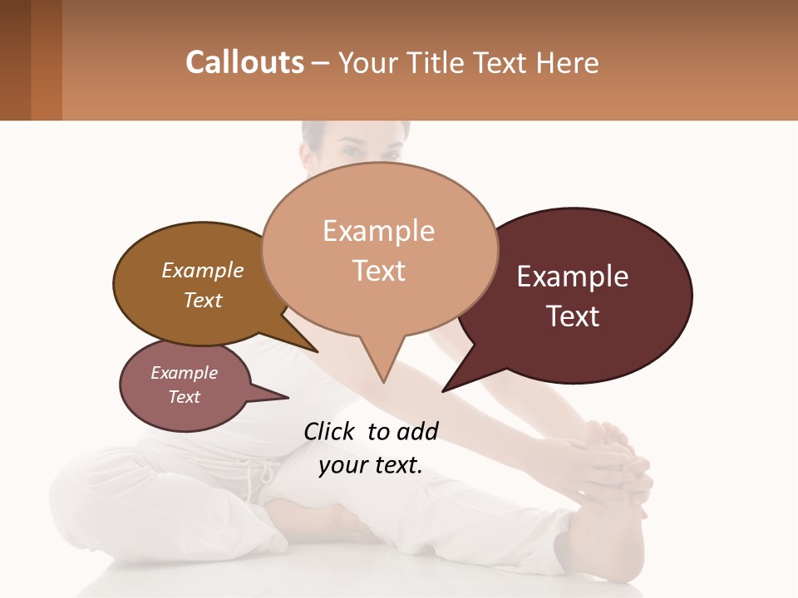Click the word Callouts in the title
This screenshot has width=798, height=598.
244,62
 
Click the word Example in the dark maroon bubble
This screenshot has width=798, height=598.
573,277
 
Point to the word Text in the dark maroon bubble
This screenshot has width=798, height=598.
574,316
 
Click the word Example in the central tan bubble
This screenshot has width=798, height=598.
378,231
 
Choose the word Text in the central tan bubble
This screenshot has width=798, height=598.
379,271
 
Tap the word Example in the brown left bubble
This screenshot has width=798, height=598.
203,271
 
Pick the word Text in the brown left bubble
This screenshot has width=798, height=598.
203,301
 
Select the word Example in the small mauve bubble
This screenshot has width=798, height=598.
185,373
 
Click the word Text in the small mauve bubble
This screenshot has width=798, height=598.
185,397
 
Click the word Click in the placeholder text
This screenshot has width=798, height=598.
331,431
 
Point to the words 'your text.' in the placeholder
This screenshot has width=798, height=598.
371,465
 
